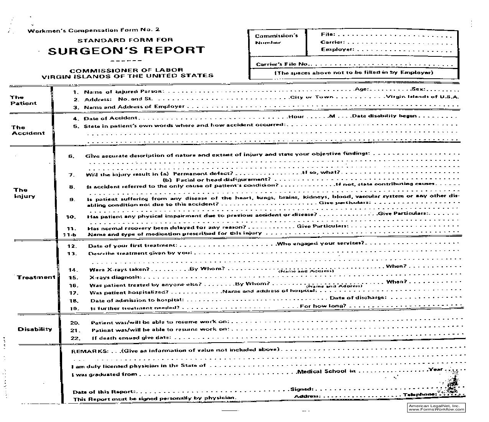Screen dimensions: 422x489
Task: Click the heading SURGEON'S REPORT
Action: (x=126, y=51)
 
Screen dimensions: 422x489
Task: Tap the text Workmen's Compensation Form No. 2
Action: (x=93, y=30)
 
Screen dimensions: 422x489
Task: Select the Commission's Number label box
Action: (x=276, y=39)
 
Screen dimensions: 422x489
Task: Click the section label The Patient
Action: (x=23, y=100)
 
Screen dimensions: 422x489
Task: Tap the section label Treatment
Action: (x=36, y=277)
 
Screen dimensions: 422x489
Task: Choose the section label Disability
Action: (x=35, y=329)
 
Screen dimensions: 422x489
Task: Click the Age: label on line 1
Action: (x=362, y=89)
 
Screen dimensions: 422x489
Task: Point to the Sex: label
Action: (x=417, y=89)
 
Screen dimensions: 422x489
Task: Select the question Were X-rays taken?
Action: (x=119, y=270)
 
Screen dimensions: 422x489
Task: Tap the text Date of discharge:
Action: (x=358, y=297)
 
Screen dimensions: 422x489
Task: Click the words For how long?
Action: (x=323, y=306)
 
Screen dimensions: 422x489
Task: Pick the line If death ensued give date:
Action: (x=131, y=338)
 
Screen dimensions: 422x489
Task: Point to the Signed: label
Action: (x=302, y=389)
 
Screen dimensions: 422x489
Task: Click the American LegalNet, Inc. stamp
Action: (x=436, y=408)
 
